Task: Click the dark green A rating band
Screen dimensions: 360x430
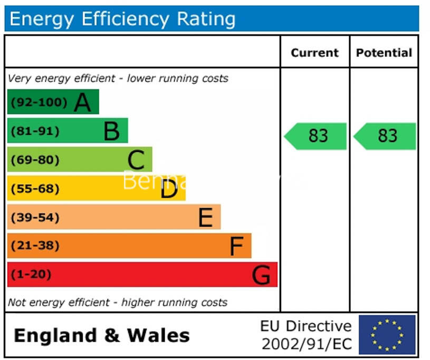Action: point(53,102)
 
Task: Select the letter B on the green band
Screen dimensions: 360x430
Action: point(111,131)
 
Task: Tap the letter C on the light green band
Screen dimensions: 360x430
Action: point(136,160)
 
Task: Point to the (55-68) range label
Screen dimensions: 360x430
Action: point(35,189)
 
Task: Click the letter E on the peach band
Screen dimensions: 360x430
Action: point(205,217)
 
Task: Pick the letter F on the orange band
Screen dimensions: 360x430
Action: point(236,246)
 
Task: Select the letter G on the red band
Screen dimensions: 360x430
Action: point(262,275)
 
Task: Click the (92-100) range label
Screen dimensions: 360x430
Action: point(39,102)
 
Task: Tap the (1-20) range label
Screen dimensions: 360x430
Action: point(32,275)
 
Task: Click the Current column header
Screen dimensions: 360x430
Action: point(314,53)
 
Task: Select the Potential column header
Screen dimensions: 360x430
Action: point(384,53)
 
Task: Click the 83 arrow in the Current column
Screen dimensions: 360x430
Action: point(316,136)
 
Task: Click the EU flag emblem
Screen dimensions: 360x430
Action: point(387,335)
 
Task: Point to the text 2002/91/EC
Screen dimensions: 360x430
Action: point(307,344)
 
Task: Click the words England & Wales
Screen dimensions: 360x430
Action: point(101,335)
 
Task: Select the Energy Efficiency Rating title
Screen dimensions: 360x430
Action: point(122,19)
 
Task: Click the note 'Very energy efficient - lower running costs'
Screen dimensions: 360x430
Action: point(118,79)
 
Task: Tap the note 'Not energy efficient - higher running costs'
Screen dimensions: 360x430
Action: point(118,303)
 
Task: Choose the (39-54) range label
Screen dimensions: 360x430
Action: point(35,217)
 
